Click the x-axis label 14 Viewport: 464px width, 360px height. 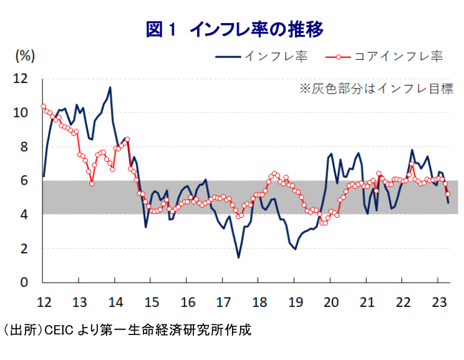pyautogui.click(x=115, y=302)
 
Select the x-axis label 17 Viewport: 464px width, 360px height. pyautogui.click(x=223, y=302)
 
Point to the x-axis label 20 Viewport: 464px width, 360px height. pyautogui.click(x=332, y=302)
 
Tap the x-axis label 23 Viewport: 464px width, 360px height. pyautogui.click(x=440, y=302)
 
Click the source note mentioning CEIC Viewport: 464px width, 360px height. pyautogui.click(x=127, y=329)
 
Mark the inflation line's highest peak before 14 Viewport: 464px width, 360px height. pyautogui.click(x=110, y=87)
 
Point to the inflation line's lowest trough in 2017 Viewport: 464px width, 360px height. pyautogui.click(x=238, y=257)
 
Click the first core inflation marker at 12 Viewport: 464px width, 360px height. pyautogui.click(x=43, y=106)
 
